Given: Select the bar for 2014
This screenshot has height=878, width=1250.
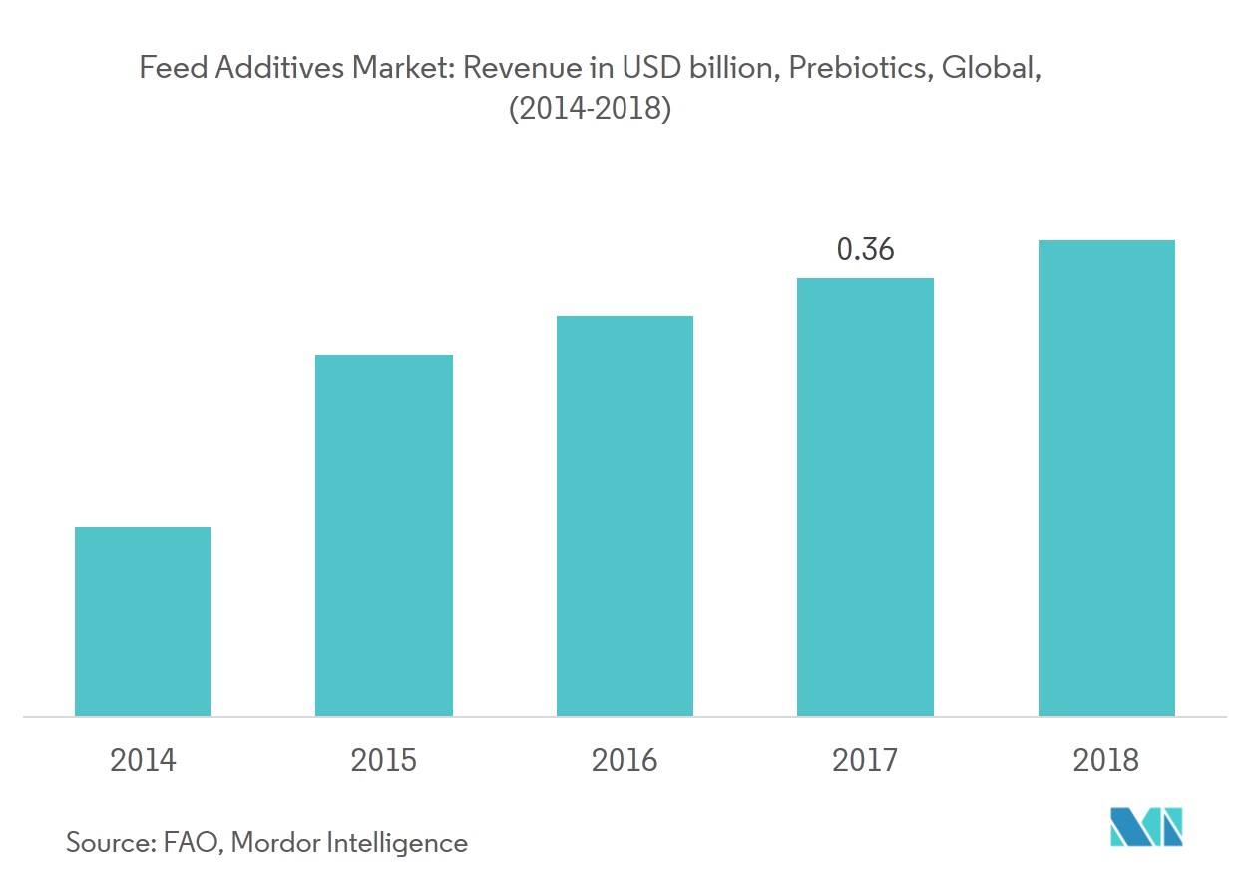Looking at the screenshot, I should (x=143, y=621).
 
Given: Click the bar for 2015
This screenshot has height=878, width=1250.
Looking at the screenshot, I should (x=383, y=535).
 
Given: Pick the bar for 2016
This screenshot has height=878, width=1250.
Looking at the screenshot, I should (x=625, y=516).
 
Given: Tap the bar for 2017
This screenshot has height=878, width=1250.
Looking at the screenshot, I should (x=865, y=497).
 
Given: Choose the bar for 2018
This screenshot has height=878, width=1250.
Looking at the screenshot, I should (x=1106, y=478).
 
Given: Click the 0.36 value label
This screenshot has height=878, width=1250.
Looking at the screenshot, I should (x=865, y=249).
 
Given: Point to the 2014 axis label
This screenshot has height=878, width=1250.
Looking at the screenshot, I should (x=143, y=761).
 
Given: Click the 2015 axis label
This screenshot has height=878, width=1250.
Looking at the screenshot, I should (x=383, y=761).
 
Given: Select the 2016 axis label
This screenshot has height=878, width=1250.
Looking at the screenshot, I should (x=625, y=761).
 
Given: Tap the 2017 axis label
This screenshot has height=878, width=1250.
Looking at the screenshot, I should (x=865, y=761).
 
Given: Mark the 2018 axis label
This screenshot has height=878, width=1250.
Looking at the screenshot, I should (x=1105, y=761).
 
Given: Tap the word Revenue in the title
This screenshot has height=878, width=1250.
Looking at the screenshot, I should (x=514, y=69).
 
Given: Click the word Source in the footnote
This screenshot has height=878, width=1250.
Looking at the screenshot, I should (x=107, y=842).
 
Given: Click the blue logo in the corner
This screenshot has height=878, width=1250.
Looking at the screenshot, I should (x=1146, y=827).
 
